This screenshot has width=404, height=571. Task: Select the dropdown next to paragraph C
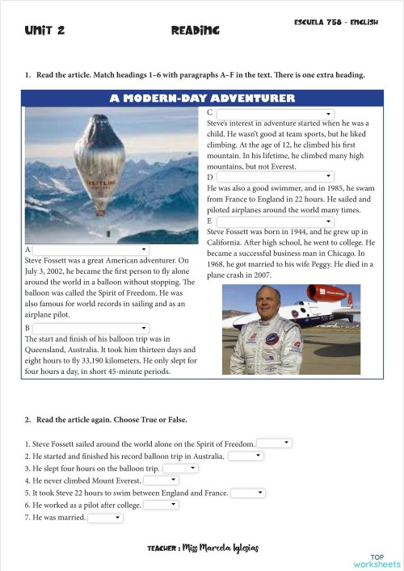click(x=275, y=114)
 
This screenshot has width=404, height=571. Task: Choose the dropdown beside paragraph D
click(x=275, y=176)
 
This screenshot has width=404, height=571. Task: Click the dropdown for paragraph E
click(x=275, y=220)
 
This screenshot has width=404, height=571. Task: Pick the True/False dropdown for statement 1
click(x=275, y=443)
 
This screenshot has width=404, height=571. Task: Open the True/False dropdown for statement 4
click(x=162, y=480)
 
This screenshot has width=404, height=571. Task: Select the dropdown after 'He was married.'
click(x=105, y=517)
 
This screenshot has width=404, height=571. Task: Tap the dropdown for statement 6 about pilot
click(x=162, y=505)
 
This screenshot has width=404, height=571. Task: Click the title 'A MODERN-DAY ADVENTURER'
click(x=202, y=99)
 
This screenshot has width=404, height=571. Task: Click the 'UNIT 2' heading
click(x=44, y=30)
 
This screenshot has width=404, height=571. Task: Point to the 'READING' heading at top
click(x=196, y=30)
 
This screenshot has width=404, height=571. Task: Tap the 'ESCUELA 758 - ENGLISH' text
click(x=336, y=23)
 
